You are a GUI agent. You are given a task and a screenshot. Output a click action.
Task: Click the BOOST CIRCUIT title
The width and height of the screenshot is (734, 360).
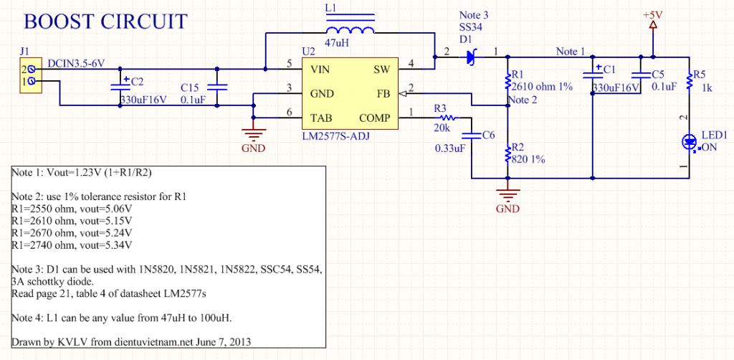[x=105, y=22]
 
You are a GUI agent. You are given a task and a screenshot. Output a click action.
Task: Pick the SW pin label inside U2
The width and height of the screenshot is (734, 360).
[x=381, y=70]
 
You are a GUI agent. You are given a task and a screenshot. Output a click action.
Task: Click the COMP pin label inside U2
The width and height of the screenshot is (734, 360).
[x=375, y=117]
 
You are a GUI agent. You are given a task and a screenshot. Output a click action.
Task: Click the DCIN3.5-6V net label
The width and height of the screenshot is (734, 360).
[x=76, y=64]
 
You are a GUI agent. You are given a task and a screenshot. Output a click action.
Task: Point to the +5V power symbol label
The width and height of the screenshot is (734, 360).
[x=653, y=14]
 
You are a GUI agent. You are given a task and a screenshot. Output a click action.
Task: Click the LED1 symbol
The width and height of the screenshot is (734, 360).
[x=689, y=141]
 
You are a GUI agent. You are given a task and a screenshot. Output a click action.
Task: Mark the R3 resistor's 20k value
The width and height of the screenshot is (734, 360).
[x=442, y=128]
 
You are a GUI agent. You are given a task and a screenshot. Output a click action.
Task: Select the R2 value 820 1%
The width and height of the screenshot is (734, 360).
[x=530, y=159]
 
